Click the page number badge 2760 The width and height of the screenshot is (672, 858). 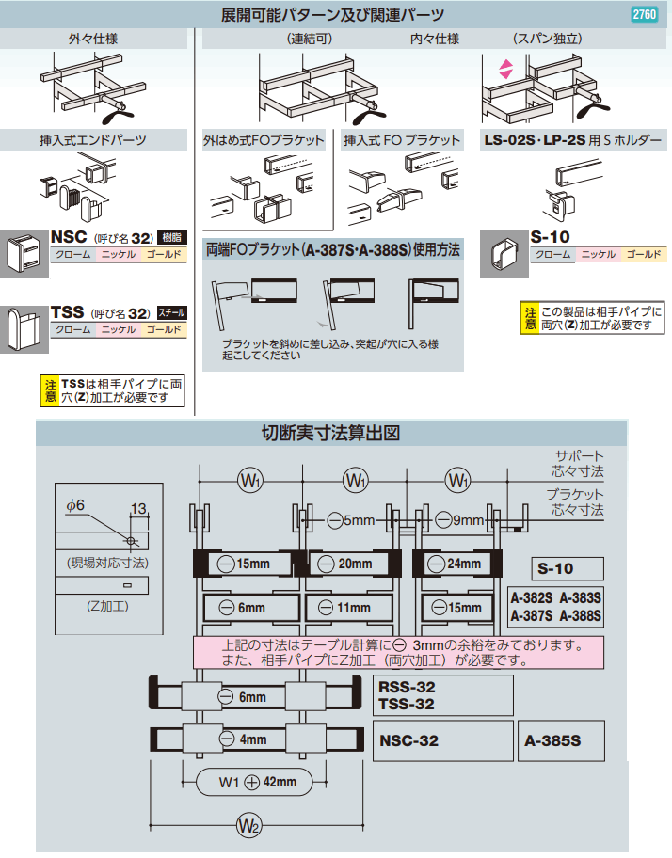(644, 14)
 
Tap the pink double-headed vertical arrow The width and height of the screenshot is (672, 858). (505, 69)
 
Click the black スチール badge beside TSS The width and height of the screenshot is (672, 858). (170, 311)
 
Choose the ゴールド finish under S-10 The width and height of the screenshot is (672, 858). (644, 255)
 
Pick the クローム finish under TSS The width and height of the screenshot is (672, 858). (72, 329)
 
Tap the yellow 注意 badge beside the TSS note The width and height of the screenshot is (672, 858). (49, 390)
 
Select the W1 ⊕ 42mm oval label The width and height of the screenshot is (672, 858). (256, 782)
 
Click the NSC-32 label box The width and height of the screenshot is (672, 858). (443, 740)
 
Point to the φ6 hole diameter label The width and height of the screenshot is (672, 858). (75, 505)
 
